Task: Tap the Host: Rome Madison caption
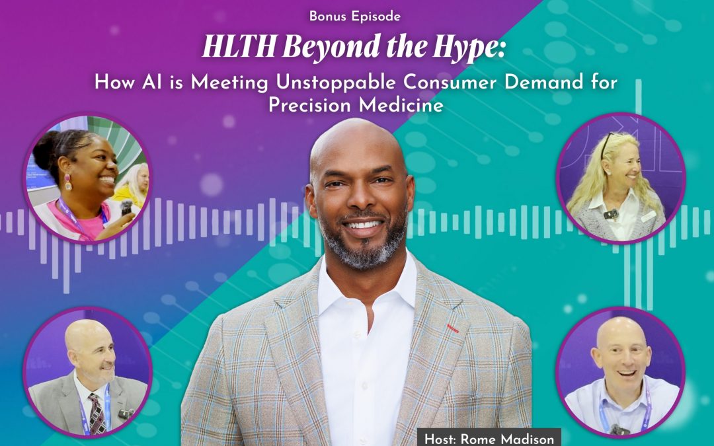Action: (x=489, y=437)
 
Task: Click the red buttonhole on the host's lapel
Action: (x=452, y=327)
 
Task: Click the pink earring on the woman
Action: (x=67, y=182)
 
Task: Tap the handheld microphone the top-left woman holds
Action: (x=126, y=209)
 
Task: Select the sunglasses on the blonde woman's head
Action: (x=606, y=141)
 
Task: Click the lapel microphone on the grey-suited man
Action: (x=123, y=414)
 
